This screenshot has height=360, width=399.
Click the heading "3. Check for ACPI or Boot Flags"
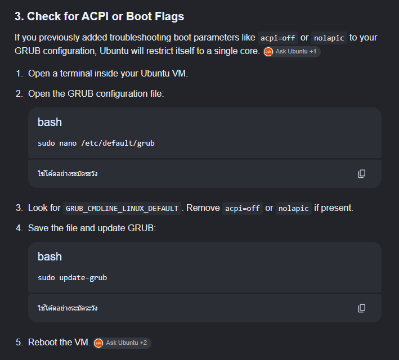tap(99, 16)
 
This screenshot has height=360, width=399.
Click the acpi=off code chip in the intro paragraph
tap(277, 38)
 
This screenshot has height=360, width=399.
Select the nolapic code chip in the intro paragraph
tap(329, 38)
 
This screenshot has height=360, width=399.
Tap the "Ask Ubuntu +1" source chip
tap(292, 52)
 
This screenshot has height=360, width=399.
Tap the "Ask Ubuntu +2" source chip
tap(122, 343)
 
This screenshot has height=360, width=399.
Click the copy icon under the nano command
tap(362, 174)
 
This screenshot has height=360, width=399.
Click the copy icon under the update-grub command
tap(362, 308)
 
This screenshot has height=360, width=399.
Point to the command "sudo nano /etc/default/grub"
tap(96, 143)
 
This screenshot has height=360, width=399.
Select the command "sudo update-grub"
tap(72, 277)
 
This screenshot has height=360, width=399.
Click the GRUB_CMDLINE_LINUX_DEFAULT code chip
tap(122, 208)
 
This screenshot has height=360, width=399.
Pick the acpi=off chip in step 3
tap(242, 208)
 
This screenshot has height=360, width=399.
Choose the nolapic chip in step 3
tap(293, 208)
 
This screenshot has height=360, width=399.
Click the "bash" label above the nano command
tap(50, 122)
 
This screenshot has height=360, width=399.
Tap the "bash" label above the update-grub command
tap(50, 256)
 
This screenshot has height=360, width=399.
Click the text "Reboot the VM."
tap(59, 343)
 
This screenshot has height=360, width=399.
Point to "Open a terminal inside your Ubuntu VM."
tap(108, 74)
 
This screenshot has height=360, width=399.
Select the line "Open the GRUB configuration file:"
tap(96, 94)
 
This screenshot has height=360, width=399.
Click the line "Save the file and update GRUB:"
tap(92, 228)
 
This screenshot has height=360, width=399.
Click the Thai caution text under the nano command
tap(68, 174)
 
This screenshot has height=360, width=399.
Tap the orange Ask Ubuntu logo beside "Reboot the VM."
tap(98, 343)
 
